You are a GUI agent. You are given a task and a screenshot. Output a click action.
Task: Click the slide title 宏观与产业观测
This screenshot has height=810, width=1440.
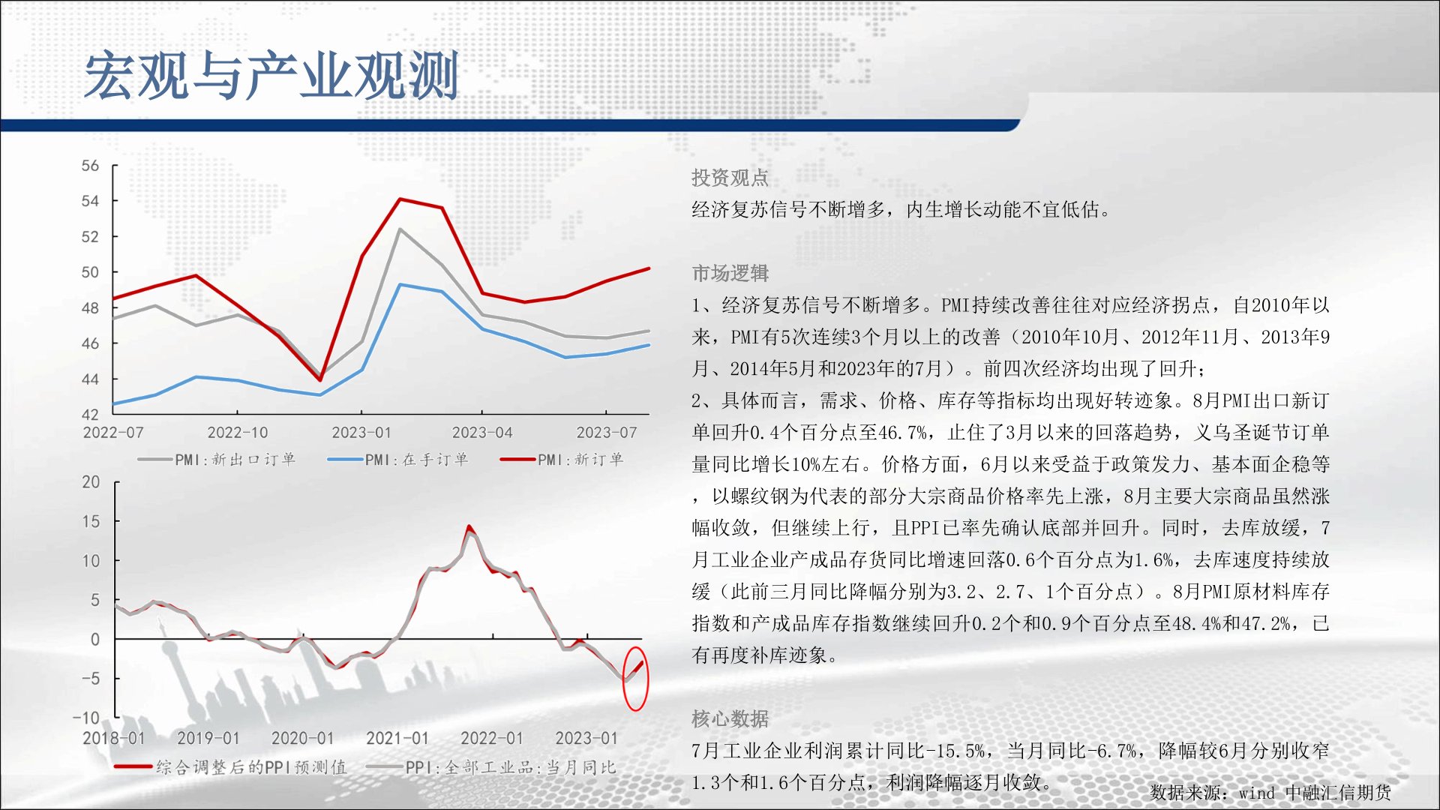tap(271, 76)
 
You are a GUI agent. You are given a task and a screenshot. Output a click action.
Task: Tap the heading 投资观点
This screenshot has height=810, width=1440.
tap(730, 178)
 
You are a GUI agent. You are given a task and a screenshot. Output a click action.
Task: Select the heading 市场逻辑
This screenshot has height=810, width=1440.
tap(730, 273)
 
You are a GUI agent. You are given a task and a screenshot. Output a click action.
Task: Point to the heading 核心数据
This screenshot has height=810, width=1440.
tap(730, 718)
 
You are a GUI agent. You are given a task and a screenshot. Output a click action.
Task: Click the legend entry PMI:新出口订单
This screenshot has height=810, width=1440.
tap(217, 459)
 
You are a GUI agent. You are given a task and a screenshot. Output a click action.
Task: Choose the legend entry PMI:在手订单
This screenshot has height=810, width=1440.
tap(398, 459)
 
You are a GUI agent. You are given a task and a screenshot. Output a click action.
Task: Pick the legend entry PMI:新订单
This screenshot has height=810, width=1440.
tap(562, 459)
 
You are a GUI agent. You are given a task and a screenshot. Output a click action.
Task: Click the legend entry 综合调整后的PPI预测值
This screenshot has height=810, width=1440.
tap(230, 767)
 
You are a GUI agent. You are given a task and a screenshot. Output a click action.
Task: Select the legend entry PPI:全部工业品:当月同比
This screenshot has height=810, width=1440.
tap(491, 767)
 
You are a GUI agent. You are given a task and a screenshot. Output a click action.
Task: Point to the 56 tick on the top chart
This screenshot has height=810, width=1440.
tap(90, 166)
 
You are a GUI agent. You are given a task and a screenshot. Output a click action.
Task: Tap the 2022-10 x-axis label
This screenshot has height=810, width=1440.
tap(237, 433)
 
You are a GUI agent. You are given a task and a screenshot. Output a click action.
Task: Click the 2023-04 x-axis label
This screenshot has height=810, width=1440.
tap(481, 433)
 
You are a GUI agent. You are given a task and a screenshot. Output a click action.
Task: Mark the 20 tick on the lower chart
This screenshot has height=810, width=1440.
tap(91, 482)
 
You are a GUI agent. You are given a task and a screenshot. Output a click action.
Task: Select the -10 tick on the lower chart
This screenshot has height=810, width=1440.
tap(86, 718)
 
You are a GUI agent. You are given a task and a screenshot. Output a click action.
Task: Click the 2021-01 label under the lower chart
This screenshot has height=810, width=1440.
tap(397, 738)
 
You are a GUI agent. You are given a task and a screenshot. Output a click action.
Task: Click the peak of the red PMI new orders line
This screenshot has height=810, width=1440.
tap(400, 199)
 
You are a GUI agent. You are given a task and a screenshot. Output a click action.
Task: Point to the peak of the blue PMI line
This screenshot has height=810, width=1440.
tap(400, 284)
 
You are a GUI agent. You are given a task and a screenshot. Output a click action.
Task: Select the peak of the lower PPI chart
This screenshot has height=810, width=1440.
tap(469, 526)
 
